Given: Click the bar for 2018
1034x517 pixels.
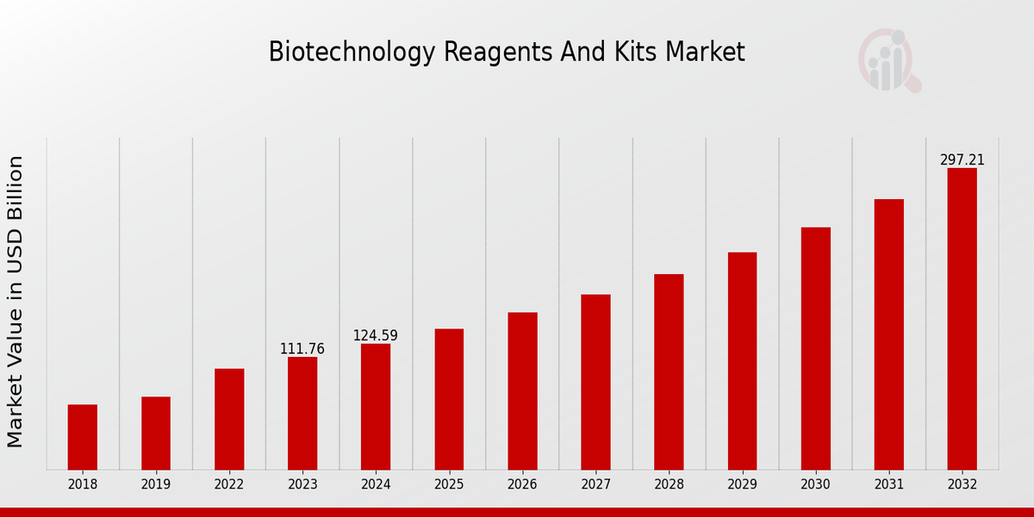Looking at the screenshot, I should point(83,437).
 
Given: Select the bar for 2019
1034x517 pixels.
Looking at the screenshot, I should point(156,433).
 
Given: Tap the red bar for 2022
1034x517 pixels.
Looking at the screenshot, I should point(229,419).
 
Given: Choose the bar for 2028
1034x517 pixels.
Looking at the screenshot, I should point(669,371).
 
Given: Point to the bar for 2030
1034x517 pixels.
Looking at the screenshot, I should point(815,348).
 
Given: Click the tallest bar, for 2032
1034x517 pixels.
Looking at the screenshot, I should point(962,319).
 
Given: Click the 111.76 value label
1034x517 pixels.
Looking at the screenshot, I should point(302,349).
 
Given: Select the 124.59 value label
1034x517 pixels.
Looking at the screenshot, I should point(376,336).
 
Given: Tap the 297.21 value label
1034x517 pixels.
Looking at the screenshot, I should point(962,160).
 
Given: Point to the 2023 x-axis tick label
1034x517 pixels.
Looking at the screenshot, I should point(302,485).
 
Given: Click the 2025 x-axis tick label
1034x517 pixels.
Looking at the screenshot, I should point(449,485).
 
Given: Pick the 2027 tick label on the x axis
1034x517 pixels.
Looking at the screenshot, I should point(595,485).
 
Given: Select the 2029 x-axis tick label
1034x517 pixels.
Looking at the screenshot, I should point(742,485).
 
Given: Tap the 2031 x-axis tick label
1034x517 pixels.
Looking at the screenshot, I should point(888,485).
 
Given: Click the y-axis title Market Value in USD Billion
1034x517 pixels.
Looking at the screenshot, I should point(16,302).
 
